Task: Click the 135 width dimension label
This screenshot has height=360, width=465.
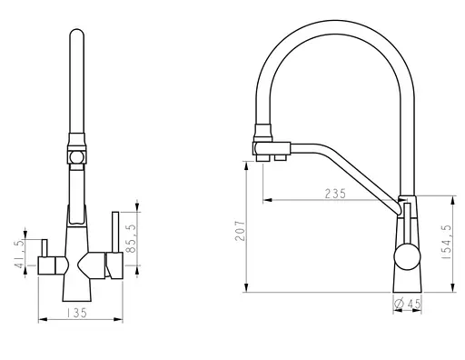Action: coord(77,313)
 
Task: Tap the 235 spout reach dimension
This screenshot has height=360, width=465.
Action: coord(335,194)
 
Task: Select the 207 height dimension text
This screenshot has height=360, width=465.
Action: coord(240,231)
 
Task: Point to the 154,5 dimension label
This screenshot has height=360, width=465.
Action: coord(446,242)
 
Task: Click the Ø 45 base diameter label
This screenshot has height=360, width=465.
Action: coord(408,304)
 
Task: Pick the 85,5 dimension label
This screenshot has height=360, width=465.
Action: coord(132,238)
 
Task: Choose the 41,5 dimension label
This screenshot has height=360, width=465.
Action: coord(19,254)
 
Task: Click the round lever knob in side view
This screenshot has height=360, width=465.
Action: coord(407,256)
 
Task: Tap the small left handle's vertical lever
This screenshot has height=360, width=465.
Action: coord(45,248)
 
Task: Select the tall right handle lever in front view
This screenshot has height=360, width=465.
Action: coord(115,232)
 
